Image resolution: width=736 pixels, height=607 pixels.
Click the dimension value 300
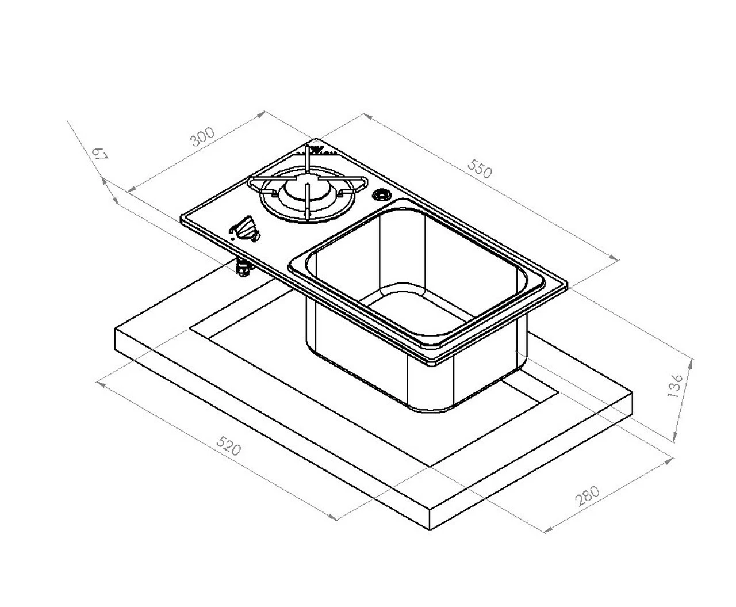coord(202,136)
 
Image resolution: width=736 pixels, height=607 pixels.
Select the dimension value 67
coord(100,154)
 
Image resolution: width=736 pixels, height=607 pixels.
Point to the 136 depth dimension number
coord(676,385)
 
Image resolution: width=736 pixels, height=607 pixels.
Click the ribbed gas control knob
coord(246,229)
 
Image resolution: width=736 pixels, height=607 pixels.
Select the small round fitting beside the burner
coord(380,194)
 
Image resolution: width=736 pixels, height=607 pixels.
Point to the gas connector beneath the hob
coord(243,268)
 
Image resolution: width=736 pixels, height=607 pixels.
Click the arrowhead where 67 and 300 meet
coord(129,190)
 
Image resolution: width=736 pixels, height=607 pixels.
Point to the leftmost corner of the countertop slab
coord(116,330)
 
